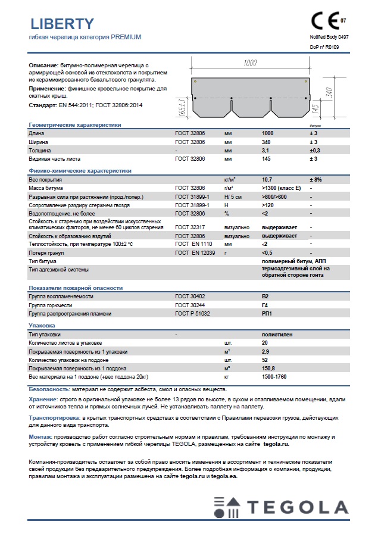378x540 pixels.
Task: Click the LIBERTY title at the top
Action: click(61, 24)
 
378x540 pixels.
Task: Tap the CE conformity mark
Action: click(325, 21)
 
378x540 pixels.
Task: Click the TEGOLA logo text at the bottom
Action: click(298, 508)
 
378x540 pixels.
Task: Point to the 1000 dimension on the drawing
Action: click(250, 63)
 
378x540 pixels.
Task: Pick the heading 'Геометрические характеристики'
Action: click(75, 125)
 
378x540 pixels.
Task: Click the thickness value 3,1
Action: click(265, 151)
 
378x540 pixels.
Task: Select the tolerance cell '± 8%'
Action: click(315, 179)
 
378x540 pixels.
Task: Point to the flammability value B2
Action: click(265, 296)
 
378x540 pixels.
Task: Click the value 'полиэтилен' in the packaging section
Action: click(277, 335)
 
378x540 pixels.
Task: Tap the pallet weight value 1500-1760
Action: click(274, 377)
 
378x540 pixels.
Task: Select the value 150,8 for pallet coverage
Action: click(268, 369)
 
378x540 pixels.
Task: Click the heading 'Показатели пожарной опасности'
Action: click(76, 288)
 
